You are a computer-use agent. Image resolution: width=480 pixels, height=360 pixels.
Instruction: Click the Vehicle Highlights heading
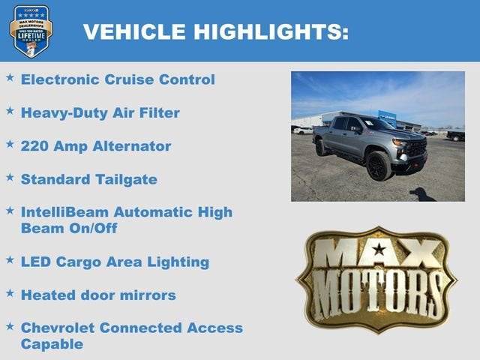pyautogui.click(x=215, y=31)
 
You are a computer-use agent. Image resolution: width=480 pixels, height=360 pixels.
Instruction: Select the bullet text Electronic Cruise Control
pyautogui.click(x=118, y=79)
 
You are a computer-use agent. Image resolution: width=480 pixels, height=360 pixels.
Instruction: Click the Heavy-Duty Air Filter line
pyautogui.click(x=100, y=112)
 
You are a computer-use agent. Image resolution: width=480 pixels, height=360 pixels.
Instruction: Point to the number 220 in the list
pyautogui.click(x=34, y=145)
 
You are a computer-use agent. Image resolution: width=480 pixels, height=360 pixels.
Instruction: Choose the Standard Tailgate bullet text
pyautogui.click(x=88, y=179)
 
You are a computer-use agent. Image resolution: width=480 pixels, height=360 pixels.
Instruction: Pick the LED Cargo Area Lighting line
pyautogui.click(x=115, y=262)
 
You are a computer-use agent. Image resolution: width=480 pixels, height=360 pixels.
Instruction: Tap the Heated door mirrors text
pyautogui.click(x=98, y=295)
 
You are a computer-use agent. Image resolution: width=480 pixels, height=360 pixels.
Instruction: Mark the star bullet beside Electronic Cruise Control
pyautogui.click(x=10, y=77)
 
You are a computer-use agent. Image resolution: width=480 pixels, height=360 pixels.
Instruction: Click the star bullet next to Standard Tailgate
pyautogui.click(x=10, y=177)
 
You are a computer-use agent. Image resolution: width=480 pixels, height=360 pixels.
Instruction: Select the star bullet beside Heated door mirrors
pyautogui.click(x=10, y=292)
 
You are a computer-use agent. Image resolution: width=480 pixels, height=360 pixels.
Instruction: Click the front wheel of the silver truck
pyautogui.click(x=379, y=166)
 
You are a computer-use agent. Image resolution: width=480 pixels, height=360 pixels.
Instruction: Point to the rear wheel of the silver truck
pyautogui.click(x=321, y=147)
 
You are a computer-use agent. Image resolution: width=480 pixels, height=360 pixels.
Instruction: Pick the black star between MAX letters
pyautogui.click(x=379, y=248)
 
